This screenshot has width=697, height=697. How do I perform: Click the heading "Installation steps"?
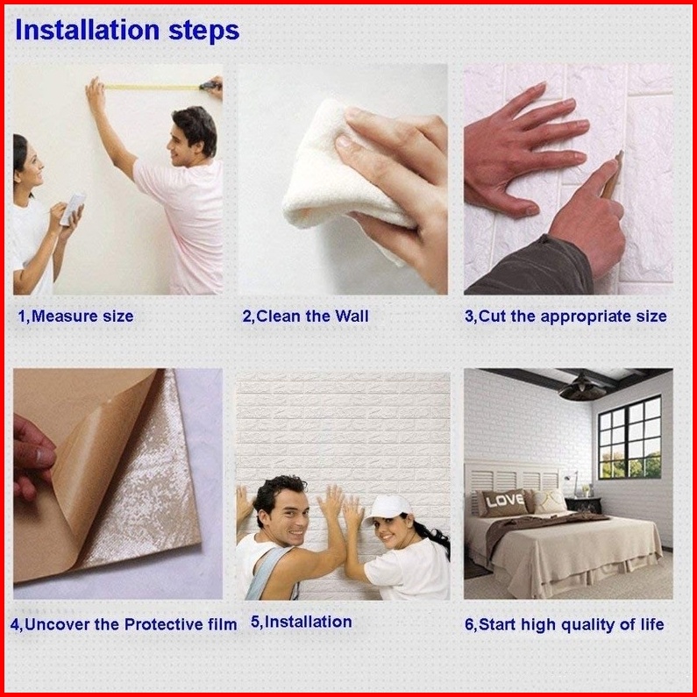[127, 31]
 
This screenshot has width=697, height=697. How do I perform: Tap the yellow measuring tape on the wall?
[152, 87]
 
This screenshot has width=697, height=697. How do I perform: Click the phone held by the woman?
[73, 209]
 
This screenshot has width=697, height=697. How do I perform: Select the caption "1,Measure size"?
[75, 316]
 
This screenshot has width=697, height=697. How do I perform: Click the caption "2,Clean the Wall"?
[305, 316]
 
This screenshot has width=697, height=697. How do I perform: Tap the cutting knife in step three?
[612, 174]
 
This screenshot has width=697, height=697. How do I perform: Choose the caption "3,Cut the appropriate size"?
[565, 316]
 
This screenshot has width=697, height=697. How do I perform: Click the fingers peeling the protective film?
[33, 458]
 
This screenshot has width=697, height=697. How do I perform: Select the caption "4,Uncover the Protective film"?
[124, 624]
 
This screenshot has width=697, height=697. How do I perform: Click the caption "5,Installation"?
[302, 622]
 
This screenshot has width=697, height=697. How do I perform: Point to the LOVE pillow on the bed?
[503, 502]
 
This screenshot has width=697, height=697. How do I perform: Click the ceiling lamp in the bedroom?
[582, 388]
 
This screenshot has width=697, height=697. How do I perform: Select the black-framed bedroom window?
[629, 437]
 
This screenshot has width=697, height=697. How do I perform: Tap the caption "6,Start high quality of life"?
[565, 624]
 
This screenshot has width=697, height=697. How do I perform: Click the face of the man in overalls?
[288, 516]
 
